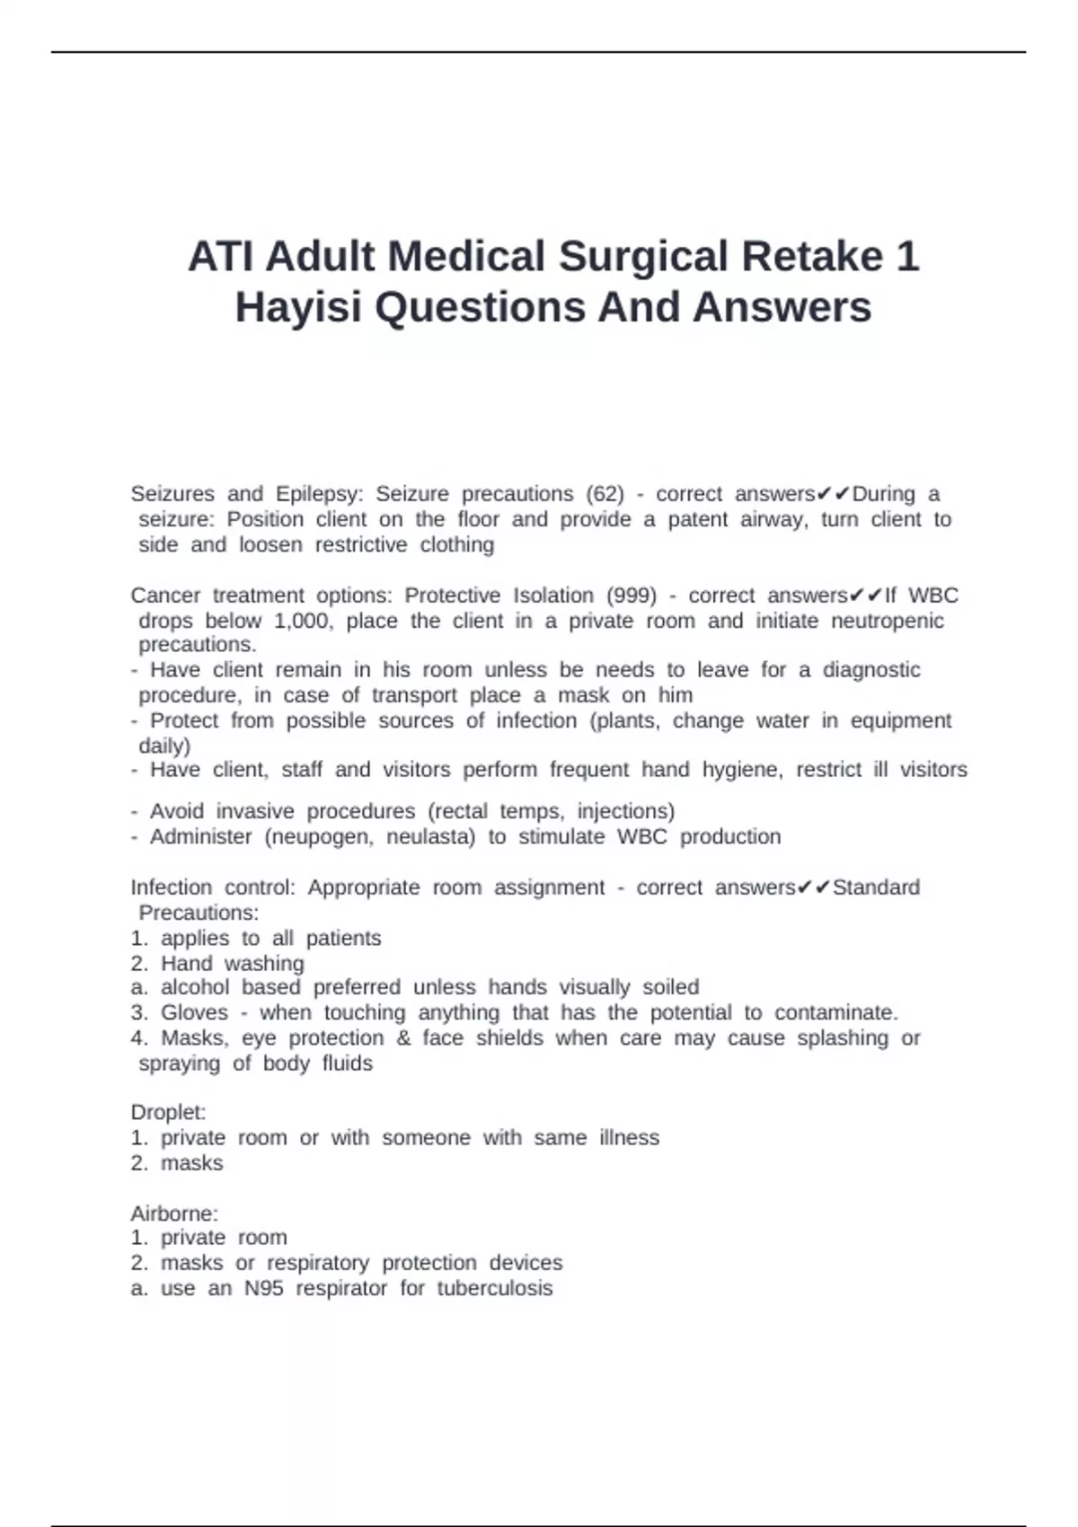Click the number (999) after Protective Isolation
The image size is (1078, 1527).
[x=632, y=596]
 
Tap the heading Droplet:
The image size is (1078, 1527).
[x=168, y=1113]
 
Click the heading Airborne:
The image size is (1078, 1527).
[x=174, y=1214]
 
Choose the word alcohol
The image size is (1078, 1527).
[x=195, y=987]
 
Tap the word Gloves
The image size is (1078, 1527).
[x=194, y=1012]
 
